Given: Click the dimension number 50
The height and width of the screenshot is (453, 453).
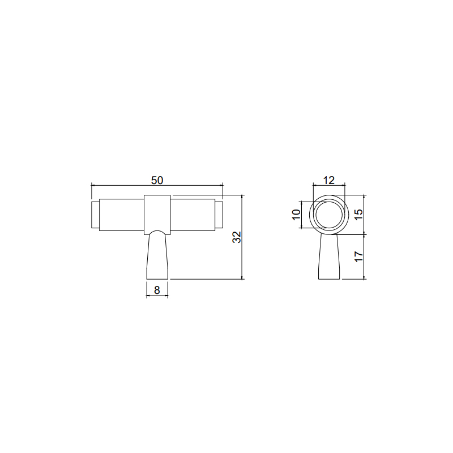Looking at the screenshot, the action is click(x=157, y=180).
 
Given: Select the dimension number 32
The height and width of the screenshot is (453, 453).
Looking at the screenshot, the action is click(x=237, y=237).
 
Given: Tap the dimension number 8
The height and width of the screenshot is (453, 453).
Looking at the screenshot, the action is click(x=157, y=290).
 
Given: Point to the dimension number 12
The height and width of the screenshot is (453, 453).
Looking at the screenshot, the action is click(x=329, y=180).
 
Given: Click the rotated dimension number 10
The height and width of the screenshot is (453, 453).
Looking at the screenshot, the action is click(x=296, y=215).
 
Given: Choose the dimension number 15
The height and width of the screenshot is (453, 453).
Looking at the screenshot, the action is click(x=358, y=214).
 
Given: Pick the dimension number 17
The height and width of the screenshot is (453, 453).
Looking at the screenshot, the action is click(x=358, y=257).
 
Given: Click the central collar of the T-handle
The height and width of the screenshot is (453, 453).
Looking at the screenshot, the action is click(x=157, y=215).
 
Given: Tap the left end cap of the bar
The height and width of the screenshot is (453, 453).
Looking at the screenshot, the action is click(x=95, y=215).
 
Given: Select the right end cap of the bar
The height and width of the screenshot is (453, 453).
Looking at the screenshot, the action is click(x=219, y=215).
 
